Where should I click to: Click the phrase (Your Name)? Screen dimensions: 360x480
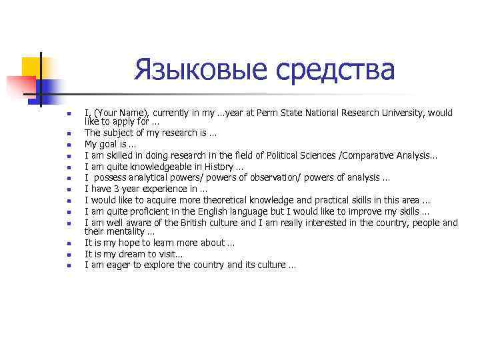pos(115,113)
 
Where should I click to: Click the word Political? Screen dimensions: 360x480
pos(303,155)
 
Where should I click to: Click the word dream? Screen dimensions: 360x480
pos(134,254)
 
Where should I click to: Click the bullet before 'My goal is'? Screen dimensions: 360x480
pos(68,144)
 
